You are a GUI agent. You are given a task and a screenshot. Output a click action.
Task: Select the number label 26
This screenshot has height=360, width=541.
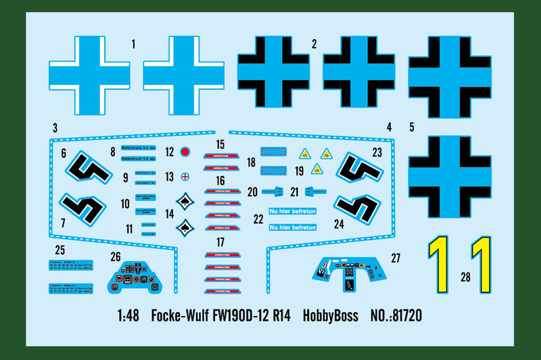click(x=116, y=256)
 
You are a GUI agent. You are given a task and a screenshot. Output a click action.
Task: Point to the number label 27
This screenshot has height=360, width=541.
click(x=396, y=258)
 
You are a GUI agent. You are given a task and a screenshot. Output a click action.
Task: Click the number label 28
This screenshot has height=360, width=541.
click(x=465, y=276)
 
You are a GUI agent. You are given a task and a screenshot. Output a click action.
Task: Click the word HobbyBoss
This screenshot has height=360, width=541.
click(x=330, y=315)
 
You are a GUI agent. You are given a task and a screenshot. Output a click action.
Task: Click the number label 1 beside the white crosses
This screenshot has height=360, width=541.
click(x=133, y=45)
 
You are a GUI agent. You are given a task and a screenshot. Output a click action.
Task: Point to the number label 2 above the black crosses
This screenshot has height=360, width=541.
click(x=314, y=45)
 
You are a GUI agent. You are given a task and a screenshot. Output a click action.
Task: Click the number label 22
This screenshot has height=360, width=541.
click(x=258, y=219)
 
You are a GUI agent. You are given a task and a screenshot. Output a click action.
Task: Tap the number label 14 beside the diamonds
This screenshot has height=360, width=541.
click(x=169, y=214)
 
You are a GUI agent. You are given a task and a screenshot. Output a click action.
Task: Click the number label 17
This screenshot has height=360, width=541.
click(x=220, y=242)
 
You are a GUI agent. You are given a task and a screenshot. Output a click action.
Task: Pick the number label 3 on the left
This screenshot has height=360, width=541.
click(x=55, y=127)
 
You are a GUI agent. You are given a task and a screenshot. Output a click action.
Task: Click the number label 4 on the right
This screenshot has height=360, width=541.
click(x=389, y=127)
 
